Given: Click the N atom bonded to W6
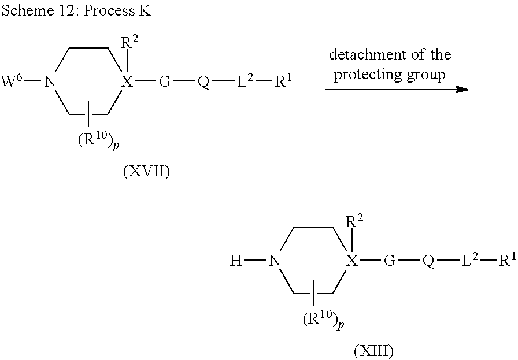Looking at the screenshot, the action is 50,81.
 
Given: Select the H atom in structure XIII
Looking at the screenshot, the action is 236,261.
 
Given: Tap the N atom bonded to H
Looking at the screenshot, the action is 275,261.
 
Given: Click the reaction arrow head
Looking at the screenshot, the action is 462,89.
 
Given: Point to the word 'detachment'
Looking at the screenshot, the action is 367,54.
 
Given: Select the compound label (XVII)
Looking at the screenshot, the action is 146,172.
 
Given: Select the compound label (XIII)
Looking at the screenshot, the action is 373,351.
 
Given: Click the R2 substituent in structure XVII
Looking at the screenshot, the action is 129,43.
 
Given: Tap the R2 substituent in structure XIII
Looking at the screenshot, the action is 354,221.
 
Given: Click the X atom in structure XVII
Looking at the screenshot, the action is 127,81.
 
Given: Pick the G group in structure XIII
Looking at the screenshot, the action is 390,261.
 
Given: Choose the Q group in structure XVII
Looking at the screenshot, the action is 203,82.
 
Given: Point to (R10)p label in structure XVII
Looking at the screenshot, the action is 98,141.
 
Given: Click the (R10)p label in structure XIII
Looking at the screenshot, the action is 324,320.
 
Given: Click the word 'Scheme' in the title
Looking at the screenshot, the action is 28,10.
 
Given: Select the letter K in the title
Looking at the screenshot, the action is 145,10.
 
